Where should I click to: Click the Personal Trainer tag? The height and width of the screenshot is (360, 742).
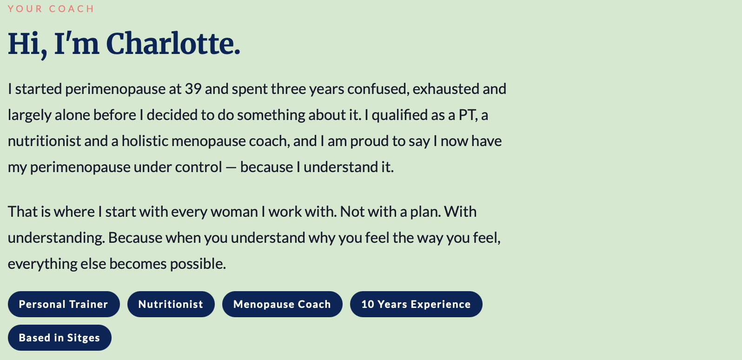point(64,304)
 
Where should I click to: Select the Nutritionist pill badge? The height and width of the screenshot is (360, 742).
point(171,304)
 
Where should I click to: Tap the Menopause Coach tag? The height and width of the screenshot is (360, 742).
point(282,304)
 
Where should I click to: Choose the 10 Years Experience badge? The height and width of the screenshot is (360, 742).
point(416,304)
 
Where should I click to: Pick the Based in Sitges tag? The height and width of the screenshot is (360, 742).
point(60,338)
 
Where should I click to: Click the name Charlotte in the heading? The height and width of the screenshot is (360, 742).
point(172,44)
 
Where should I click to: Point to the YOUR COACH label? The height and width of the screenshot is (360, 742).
point(51,9)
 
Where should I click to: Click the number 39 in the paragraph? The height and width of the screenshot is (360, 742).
point(193,89)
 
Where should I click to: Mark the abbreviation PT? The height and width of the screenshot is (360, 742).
point(468,115)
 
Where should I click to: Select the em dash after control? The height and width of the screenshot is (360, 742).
point(231,167)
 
